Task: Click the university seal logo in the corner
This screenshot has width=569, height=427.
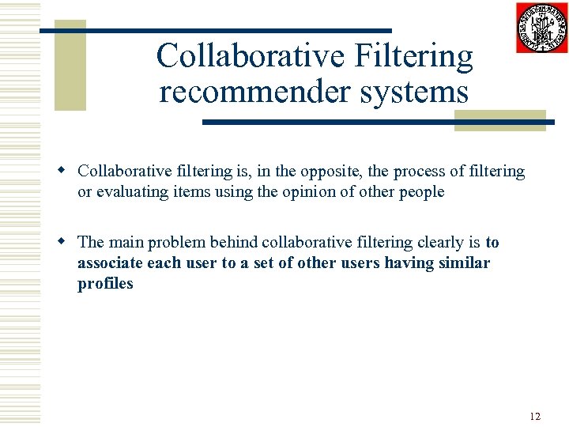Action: [541, 28]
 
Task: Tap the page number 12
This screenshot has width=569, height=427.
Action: [535, 416]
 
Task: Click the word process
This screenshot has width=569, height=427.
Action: [420, 171]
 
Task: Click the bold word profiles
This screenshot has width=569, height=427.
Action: [105, 283]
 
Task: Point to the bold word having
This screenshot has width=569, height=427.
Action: [406, 263]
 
